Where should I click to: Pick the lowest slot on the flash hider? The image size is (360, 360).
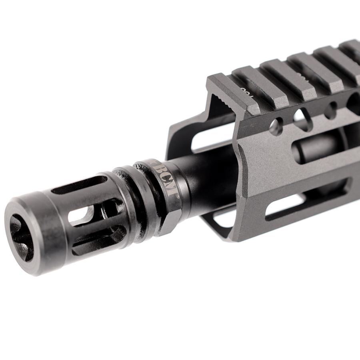tap(98, 242)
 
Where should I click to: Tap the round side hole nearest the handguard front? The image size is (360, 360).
tap(276, 127)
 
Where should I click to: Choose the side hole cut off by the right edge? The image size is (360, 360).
tap(354, 102)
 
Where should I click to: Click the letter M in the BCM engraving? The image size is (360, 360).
tap(170, 190)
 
